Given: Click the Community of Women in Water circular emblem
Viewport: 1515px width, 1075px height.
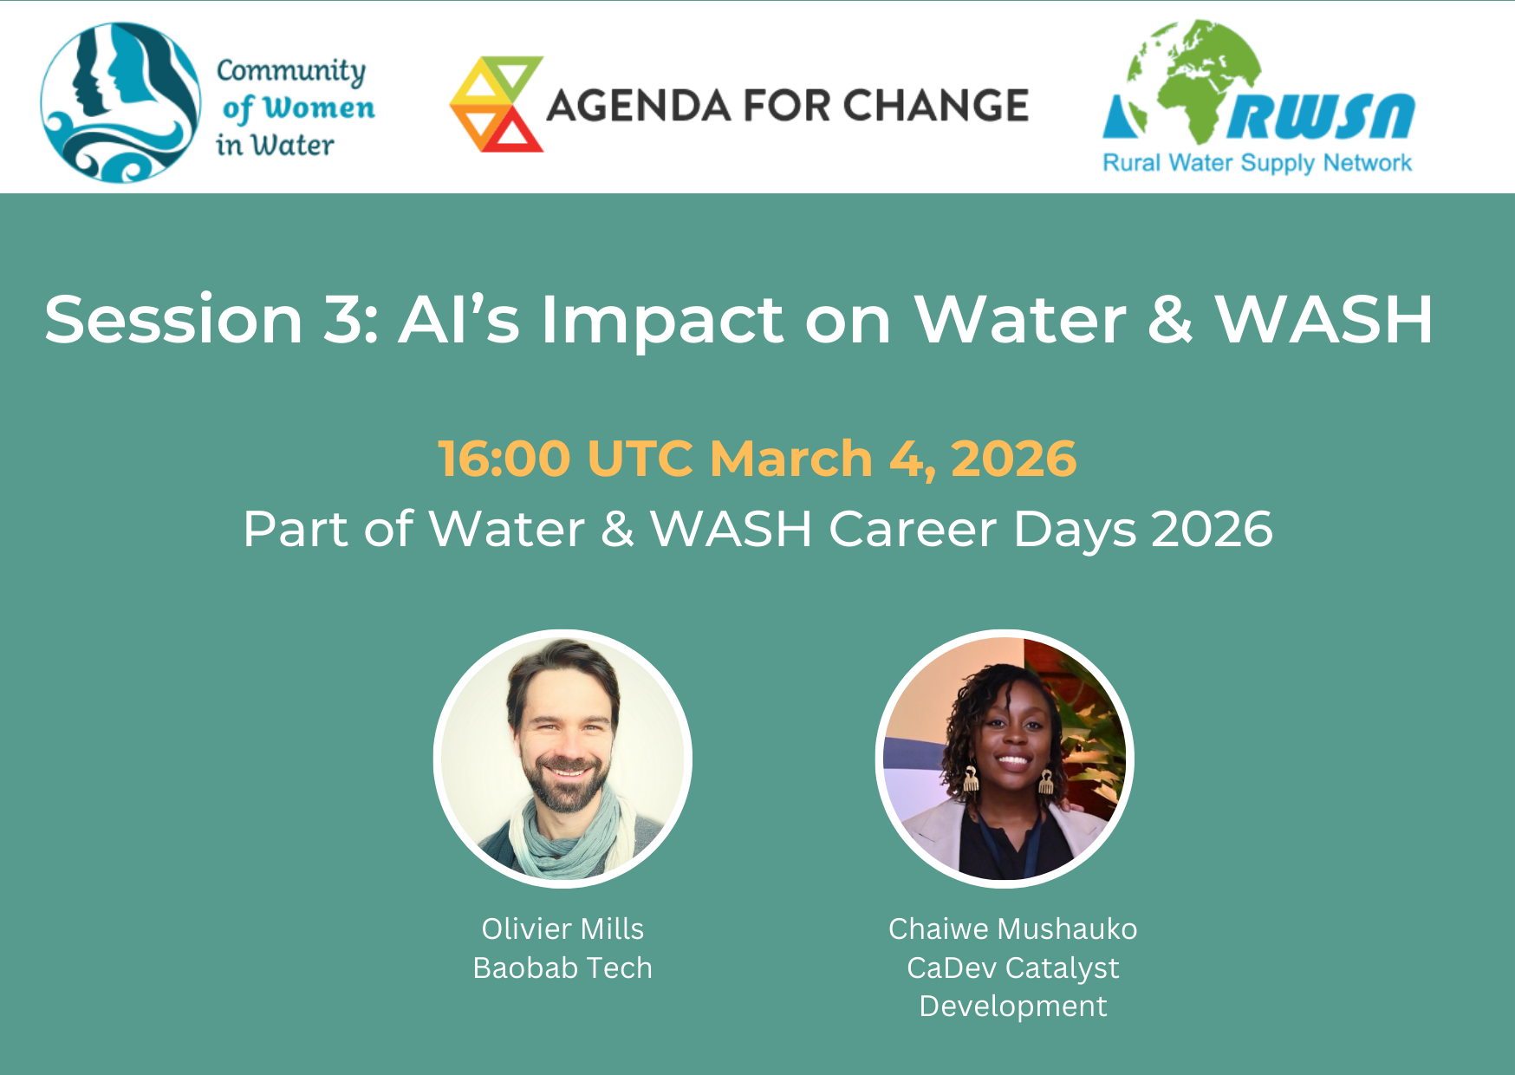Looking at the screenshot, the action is [x=120, y=102].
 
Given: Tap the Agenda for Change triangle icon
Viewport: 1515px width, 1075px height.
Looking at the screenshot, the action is [x=497, y=104].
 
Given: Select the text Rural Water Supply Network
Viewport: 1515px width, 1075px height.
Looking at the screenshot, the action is [x=1257, y=163].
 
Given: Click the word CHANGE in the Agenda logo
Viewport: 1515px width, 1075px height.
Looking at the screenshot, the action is [x=935, y=106].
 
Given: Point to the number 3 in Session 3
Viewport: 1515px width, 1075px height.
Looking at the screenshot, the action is [x=341, y=319].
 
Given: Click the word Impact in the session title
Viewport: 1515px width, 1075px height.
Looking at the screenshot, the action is [x=663, y=321].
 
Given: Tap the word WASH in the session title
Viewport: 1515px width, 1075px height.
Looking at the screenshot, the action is [x=1324, y=319].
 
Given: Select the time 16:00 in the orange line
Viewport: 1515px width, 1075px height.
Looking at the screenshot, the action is [x=504, y=458].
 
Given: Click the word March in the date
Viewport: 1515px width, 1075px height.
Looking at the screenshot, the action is [x=790, y=458].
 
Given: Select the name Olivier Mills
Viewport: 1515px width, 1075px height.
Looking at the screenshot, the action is [x=562, y=928].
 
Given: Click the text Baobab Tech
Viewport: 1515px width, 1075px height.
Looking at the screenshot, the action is [x=562, y=967].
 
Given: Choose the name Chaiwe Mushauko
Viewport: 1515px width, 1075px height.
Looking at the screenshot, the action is [x=1012, y=928].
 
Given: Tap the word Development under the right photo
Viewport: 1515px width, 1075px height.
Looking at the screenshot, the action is [x=1012, y=1007].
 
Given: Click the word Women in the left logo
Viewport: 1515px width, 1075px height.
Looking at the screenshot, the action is [x=319, y=107].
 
